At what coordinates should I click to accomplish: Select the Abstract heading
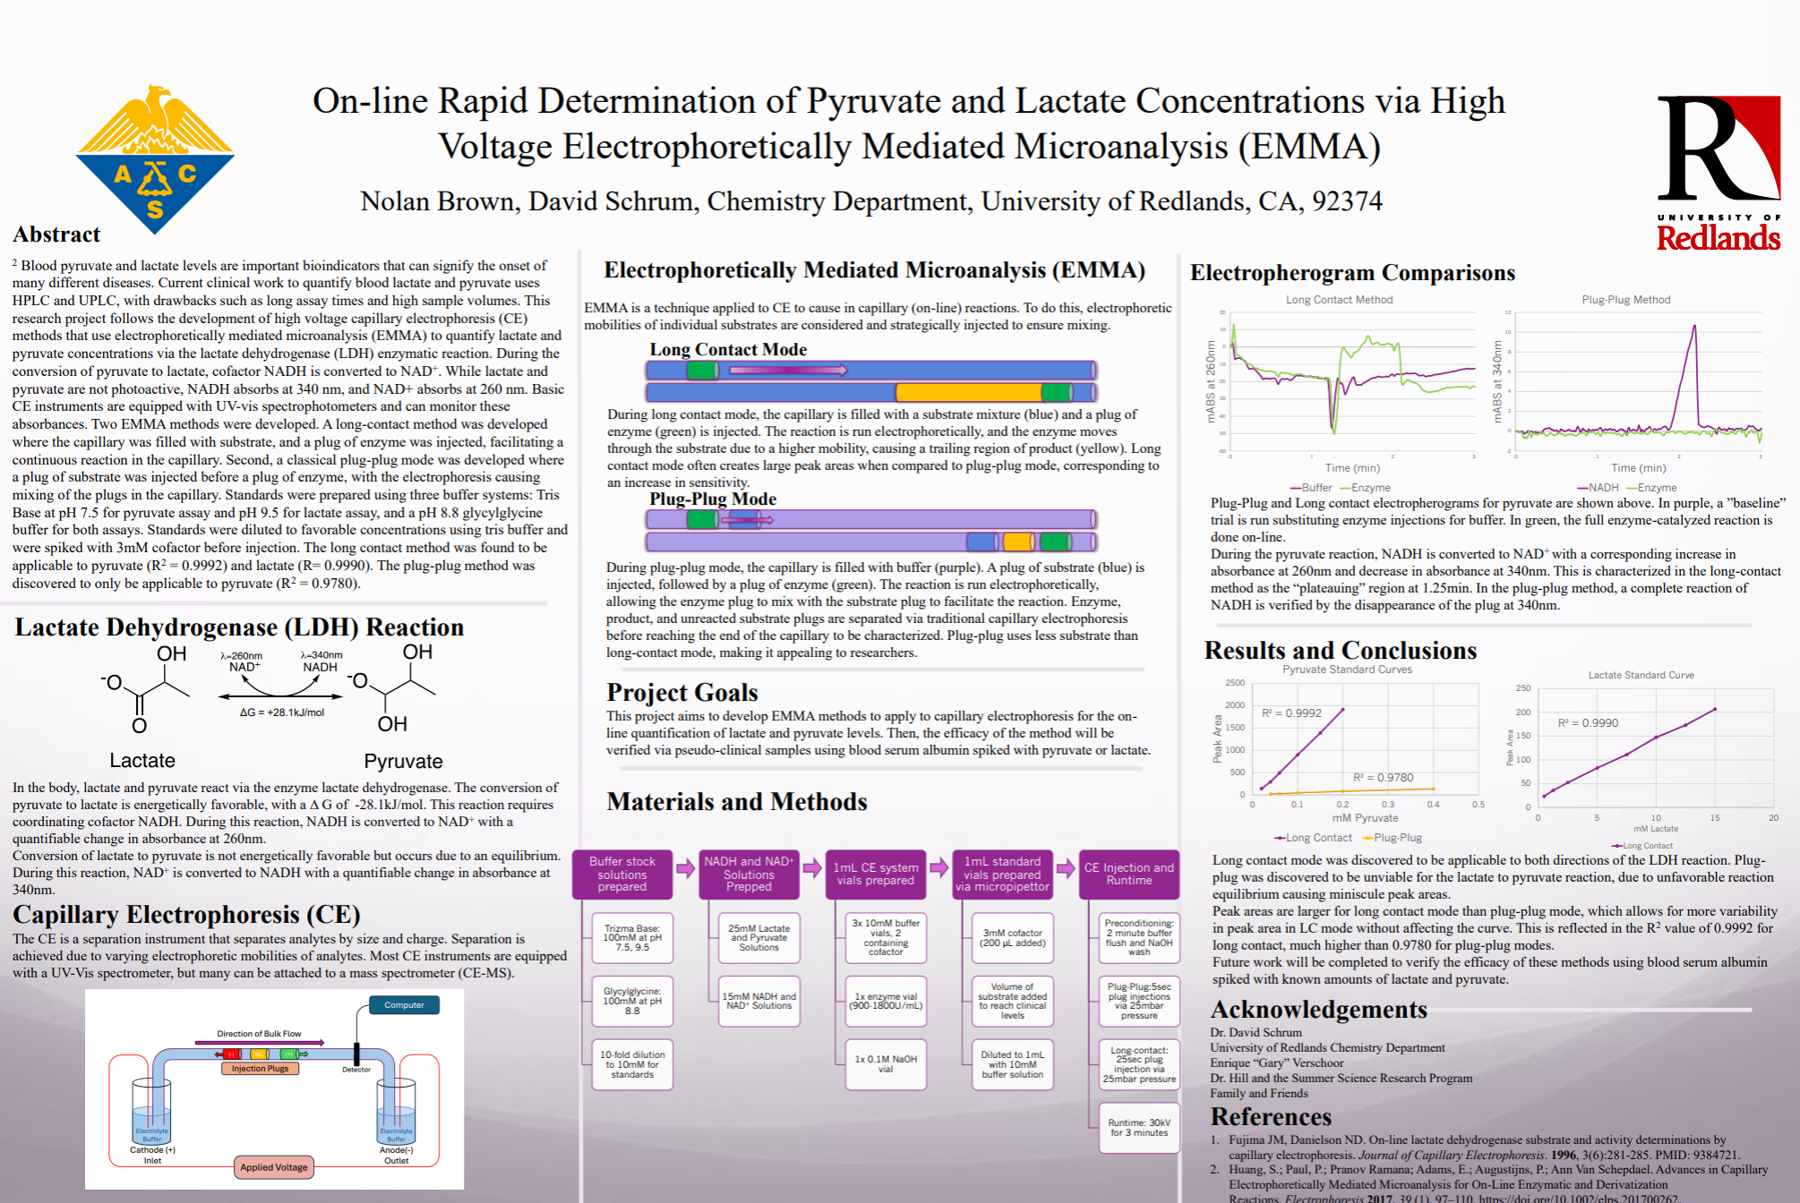[56, 235]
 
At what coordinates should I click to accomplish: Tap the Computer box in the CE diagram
[404, 1005]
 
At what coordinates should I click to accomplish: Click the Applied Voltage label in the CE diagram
[273, 1167]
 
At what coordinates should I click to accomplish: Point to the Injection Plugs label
[260, 1069]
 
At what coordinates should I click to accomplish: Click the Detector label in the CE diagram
[356, 1070]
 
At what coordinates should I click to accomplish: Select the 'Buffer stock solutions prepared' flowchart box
[621, 875]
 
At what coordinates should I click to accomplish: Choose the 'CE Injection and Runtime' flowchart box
[1128, 875]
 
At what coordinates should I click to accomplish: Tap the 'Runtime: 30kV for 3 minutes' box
[1138, 1128]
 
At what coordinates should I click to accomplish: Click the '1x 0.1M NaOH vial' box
[885, 1064]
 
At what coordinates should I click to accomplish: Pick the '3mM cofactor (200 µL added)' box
[1012, 938]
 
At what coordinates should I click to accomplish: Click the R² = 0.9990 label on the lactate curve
[1588, 723]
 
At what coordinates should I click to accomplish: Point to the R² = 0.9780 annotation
[1383, 778]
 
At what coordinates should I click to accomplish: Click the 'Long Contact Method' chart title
[1339, 300]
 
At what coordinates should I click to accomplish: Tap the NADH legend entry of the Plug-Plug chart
[1598, 488]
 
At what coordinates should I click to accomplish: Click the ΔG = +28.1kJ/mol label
[281, 712]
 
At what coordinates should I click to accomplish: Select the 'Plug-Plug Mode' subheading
[713, 499]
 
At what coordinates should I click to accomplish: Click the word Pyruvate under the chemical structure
[403, 762]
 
